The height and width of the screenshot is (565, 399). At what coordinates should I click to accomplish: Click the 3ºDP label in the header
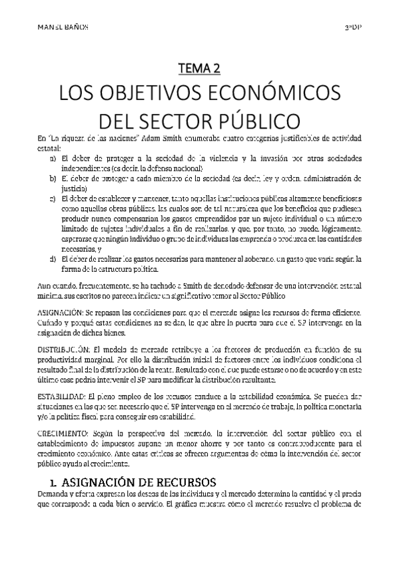pos(352,27)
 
